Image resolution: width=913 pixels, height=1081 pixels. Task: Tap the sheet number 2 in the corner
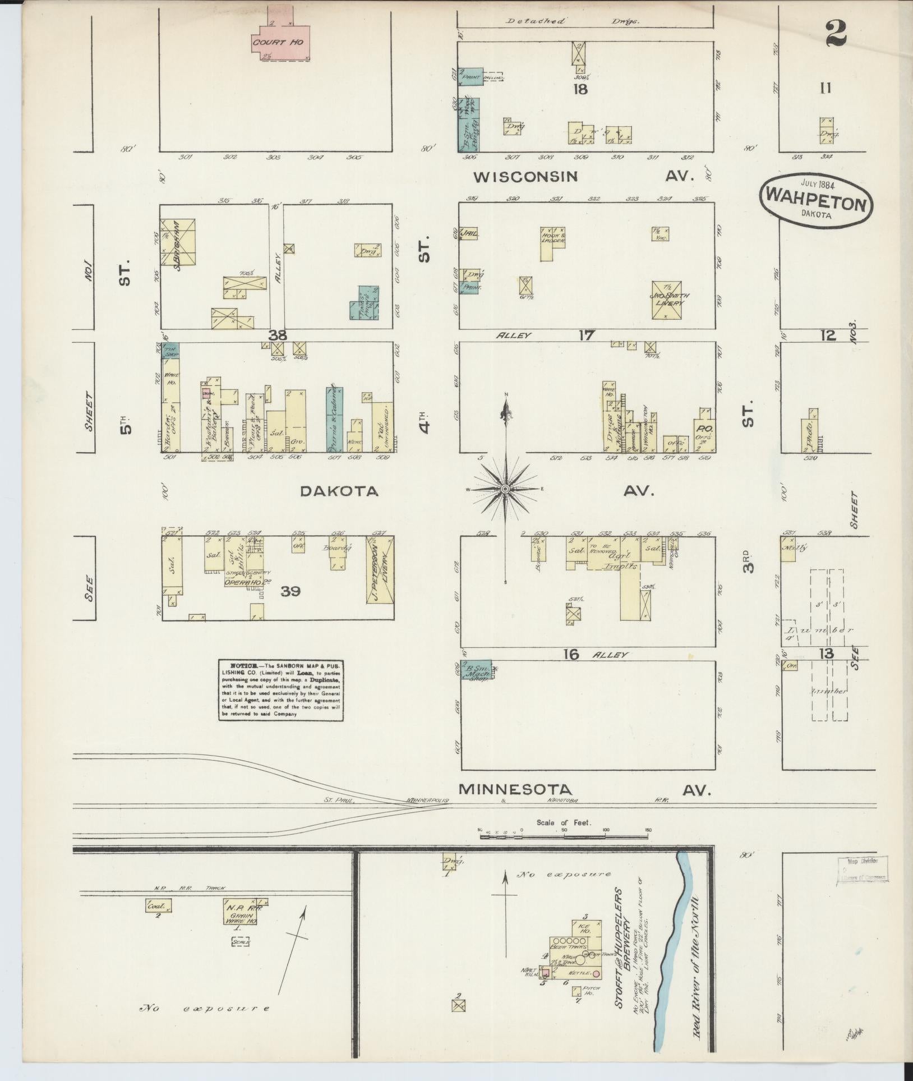tap(836, 33)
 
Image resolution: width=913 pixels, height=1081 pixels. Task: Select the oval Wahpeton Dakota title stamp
tap(816, 203)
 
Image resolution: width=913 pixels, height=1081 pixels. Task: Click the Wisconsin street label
tap(525, 177)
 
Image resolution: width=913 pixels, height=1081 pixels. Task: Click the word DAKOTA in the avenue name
tap(339, 491)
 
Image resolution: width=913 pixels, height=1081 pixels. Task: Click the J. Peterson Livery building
tap(380, 569)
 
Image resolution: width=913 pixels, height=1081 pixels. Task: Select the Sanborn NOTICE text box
tap(280, 690)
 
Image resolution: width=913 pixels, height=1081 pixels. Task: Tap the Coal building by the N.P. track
tap(158, 905)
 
